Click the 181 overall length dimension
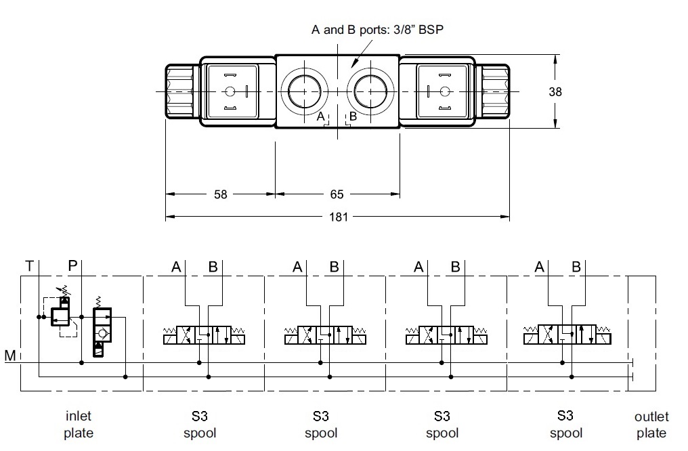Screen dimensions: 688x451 (339, 217)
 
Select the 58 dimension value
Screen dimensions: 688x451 (220, 194)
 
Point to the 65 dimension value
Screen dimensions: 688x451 (337, 194)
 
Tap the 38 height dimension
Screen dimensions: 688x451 (555, 91)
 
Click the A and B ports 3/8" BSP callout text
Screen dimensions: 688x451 (377, 30)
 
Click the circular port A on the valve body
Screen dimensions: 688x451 (305, 91)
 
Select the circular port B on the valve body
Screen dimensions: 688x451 (370, 91)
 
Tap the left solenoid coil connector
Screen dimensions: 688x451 (233, 91)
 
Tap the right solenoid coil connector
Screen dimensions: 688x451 (442, 91)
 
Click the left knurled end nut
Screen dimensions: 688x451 (179, 91)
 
